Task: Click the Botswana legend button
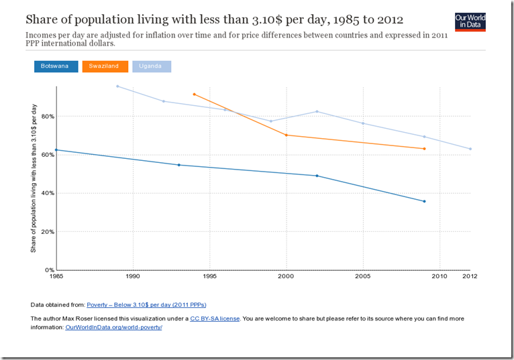pos(54,66)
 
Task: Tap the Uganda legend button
pos(151,66)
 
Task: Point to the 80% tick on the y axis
pos(46,116)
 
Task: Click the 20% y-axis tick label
pos(46,232)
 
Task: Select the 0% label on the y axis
pos(48,270)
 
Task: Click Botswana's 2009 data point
pos(425,201)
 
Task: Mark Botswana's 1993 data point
pos(178,165)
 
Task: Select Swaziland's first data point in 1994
pos(194,95)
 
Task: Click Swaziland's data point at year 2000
pos(287,135)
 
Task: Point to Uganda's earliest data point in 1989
pos(117,86)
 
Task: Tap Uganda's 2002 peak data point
pos(317,111)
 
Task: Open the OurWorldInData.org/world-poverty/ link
pos(113,327)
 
